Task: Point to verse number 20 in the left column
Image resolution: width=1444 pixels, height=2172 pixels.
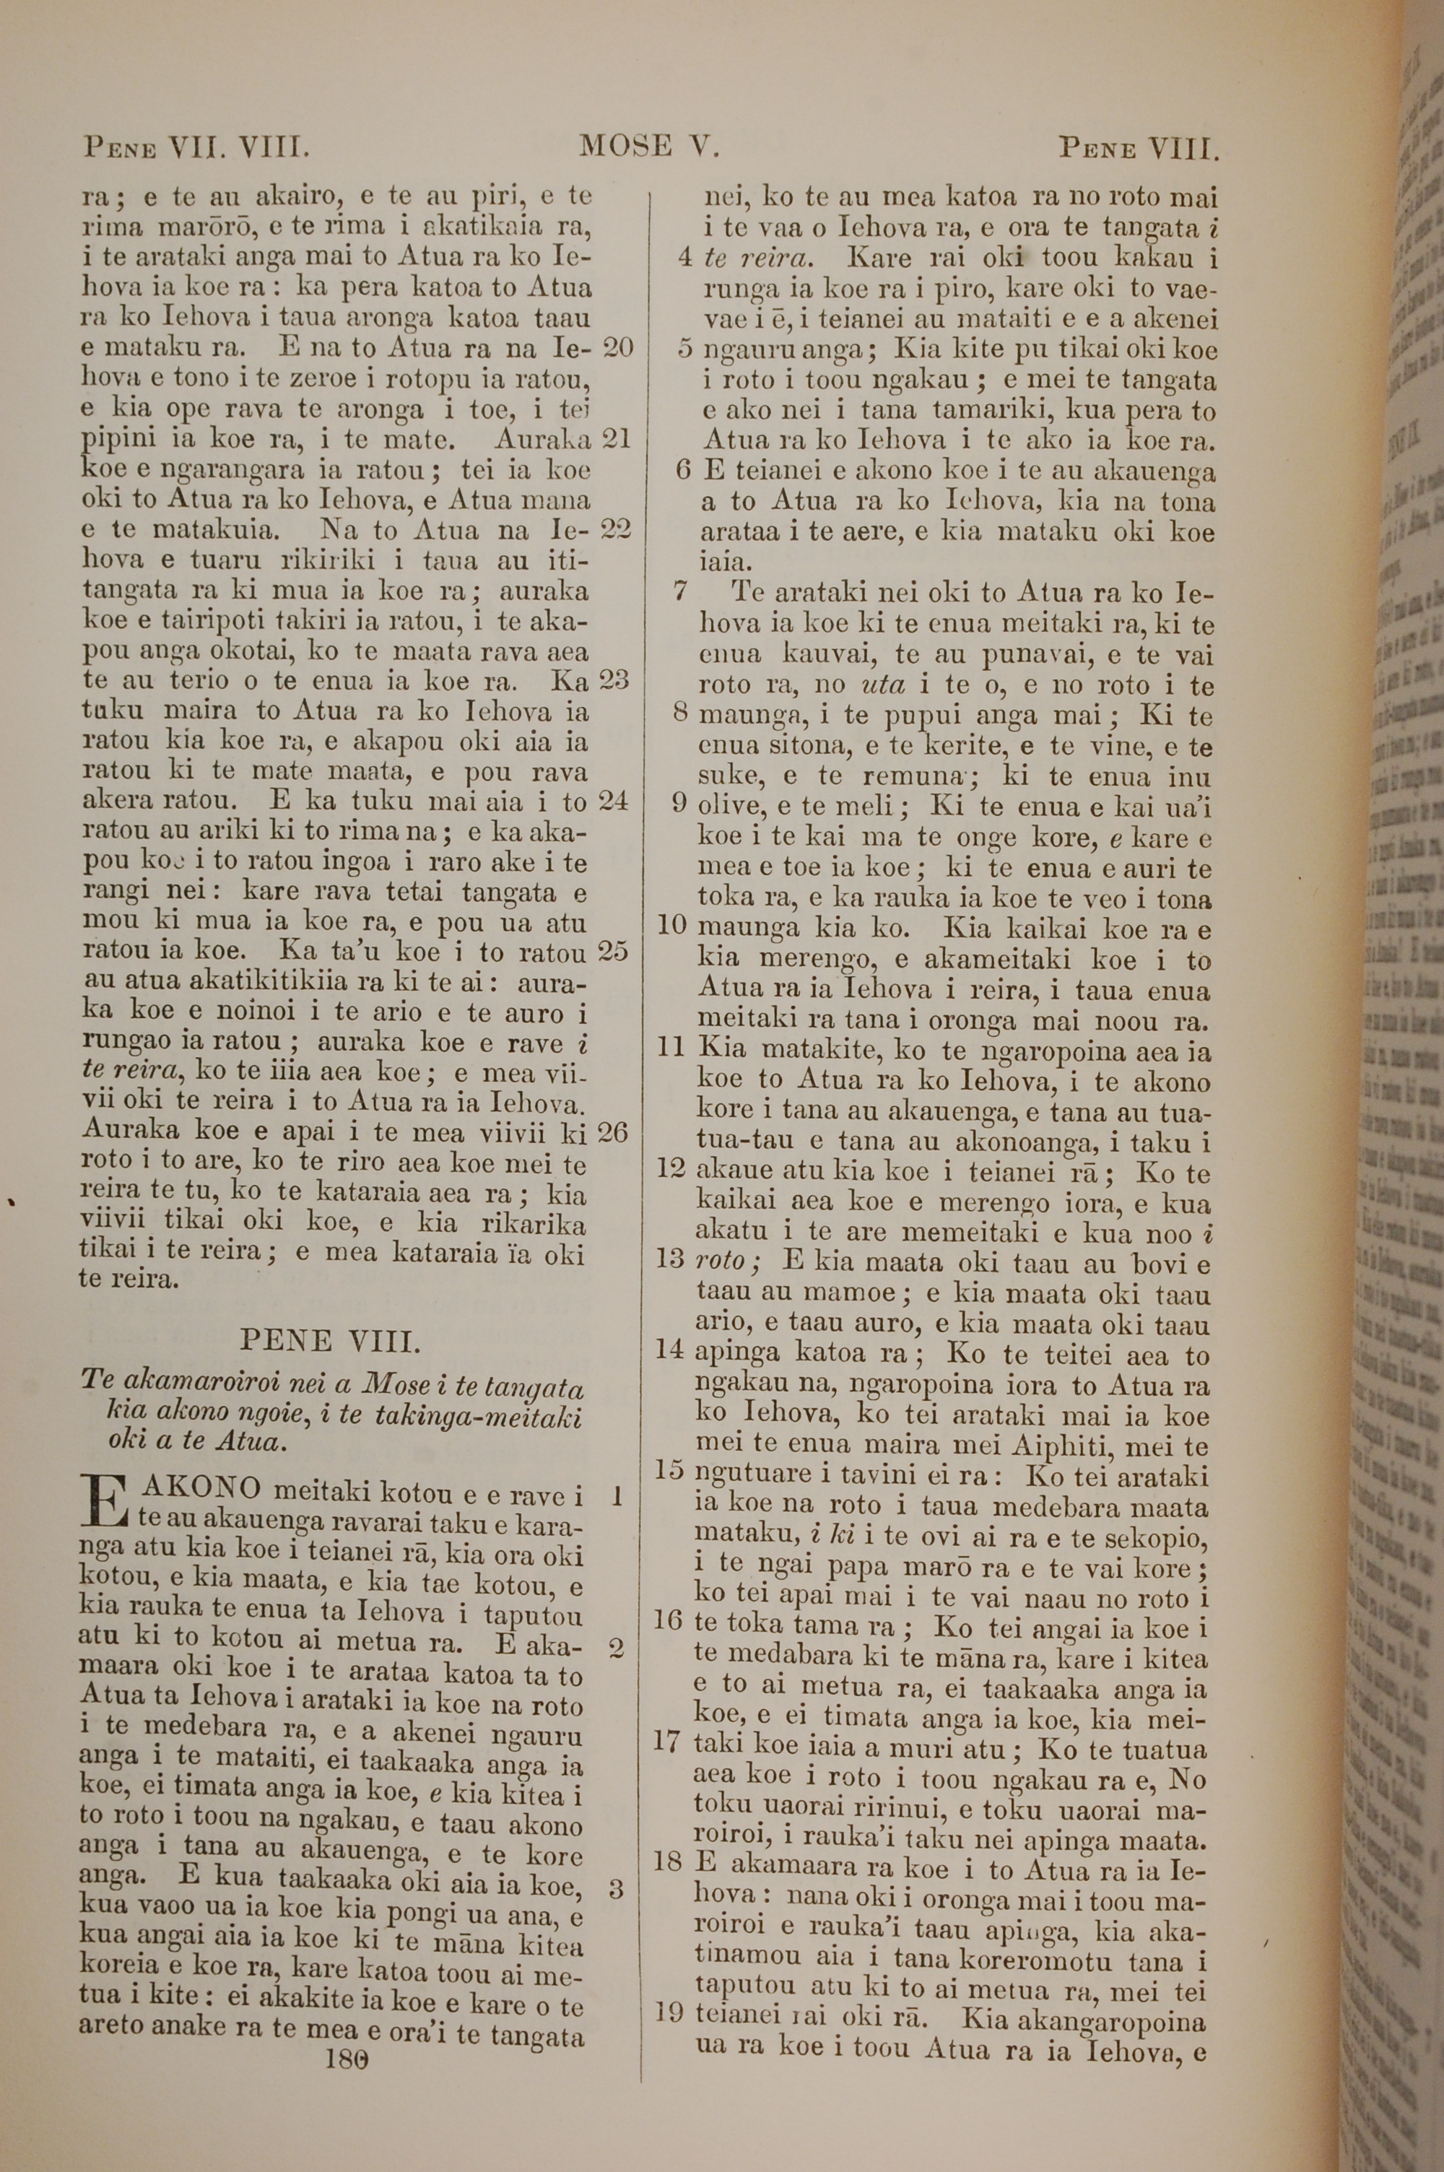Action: [617, 348]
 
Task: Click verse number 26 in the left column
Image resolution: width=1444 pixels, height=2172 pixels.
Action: [612, 1131]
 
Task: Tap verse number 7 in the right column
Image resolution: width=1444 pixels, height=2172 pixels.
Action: [681, 591]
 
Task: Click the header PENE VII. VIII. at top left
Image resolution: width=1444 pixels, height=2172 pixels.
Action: [195, 147]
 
